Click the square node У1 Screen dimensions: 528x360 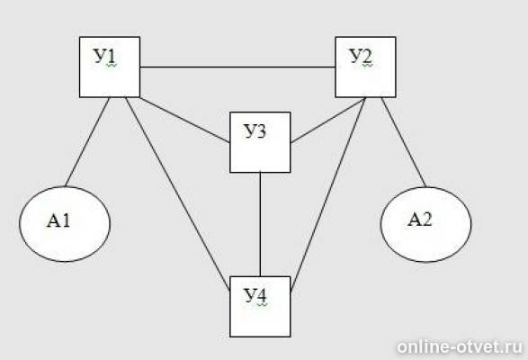pyautogui.click(x=110, y=67)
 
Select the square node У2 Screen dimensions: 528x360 pyautogui.click(x=365, y=67)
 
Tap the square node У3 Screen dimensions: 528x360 pyautogui.click(x=260, y=142)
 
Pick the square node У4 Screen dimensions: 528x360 pyautogui.click(x=260, y=307)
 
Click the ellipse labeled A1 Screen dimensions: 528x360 pyautogui.click(x=65, y=224)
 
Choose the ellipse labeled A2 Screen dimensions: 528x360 pyautogui.click(x=426, y=224)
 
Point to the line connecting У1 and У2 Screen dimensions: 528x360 pyautogui.click(x=237, y=67)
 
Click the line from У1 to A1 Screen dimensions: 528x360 pyautogui.click(x=87, y=141)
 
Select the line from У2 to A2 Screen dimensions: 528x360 pyautogui.click(x=404, y=142)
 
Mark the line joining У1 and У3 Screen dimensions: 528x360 pyautogui.click(x=185, y=120)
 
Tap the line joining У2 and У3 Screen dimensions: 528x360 pyautogui.click(x=328, y=121)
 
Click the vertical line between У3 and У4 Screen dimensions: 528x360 pyautogui.click(x=260, y=224)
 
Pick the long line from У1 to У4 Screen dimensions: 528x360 pyautogui.click(x=177, y=193)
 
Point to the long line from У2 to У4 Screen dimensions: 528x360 pyautogui.click(x=328, y=194)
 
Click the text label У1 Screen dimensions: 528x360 pyautogui.click(x=104, y=56)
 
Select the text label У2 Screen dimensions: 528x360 pyautogui.click(x=361, y=56)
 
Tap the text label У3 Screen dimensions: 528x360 pyautogui.click(x=255, y=130)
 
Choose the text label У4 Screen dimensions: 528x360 pyautogui.click(x=255, y=295)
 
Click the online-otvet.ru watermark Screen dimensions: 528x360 pyautogui.click(x=460, y=346)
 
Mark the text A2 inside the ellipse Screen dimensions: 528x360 pyautogui.click(x=419, y=220)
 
